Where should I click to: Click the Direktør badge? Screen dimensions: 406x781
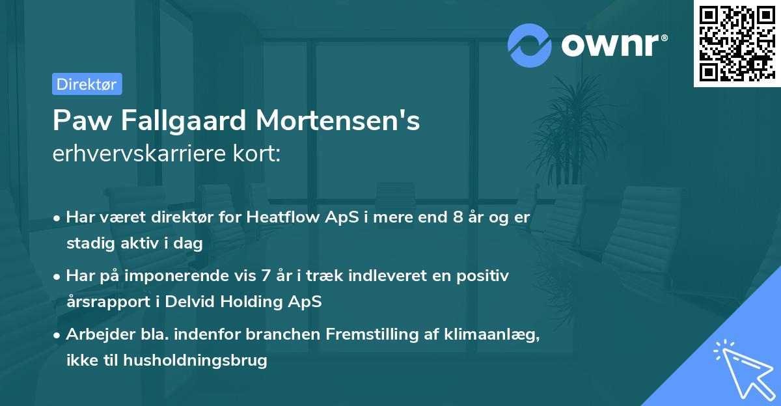87,84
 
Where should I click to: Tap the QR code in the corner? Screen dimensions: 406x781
737,44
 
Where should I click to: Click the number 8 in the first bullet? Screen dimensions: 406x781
459,217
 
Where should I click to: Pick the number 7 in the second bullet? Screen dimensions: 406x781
265,275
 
